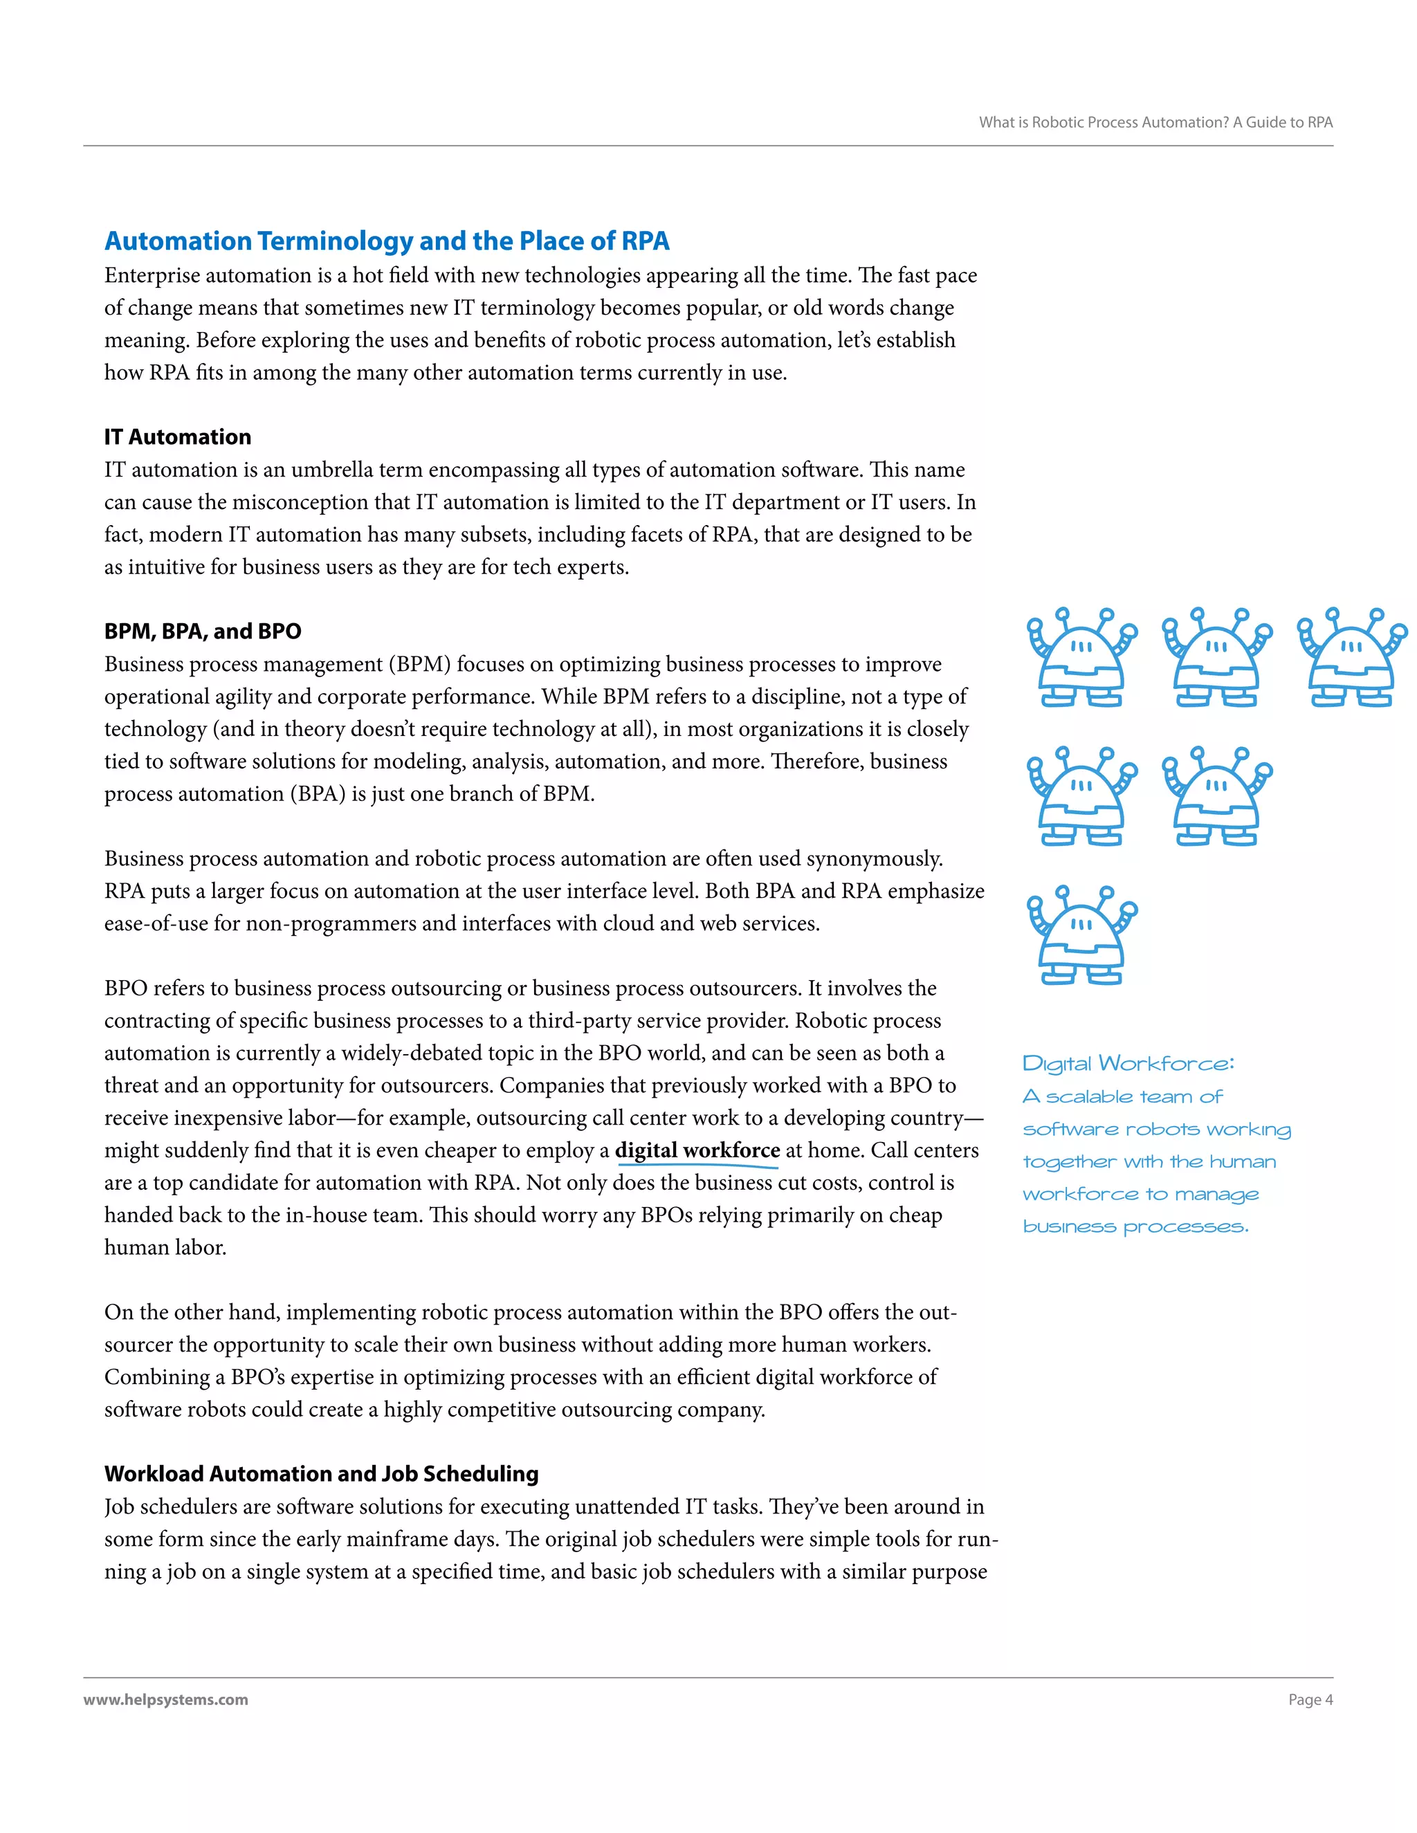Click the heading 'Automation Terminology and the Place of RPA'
coord(386,241)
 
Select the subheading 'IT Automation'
coord(177,436)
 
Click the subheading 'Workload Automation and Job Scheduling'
coord(320,1474)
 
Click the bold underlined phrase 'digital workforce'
coord(697,1151)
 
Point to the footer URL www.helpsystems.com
coord(165,1700)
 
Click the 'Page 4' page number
coord(1310,1700)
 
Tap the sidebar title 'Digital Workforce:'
coord(1127,1065)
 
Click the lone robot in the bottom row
coord(1081,934)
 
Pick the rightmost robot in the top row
coord(1351,657)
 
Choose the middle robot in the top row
coord(1216,657)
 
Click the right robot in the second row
coord(1216,795)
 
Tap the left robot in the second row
coord(1081,795)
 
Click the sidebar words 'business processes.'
coord(1135,1227)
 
